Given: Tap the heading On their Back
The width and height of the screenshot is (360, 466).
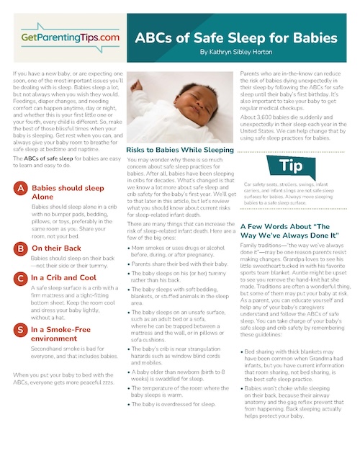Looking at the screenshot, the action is [x=55, y=248].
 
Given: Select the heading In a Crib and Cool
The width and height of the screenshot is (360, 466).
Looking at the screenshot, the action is [x=64, y=277].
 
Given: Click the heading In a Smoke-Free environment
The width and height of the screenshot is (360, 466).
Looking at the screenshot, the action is [x=65, y=335].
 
